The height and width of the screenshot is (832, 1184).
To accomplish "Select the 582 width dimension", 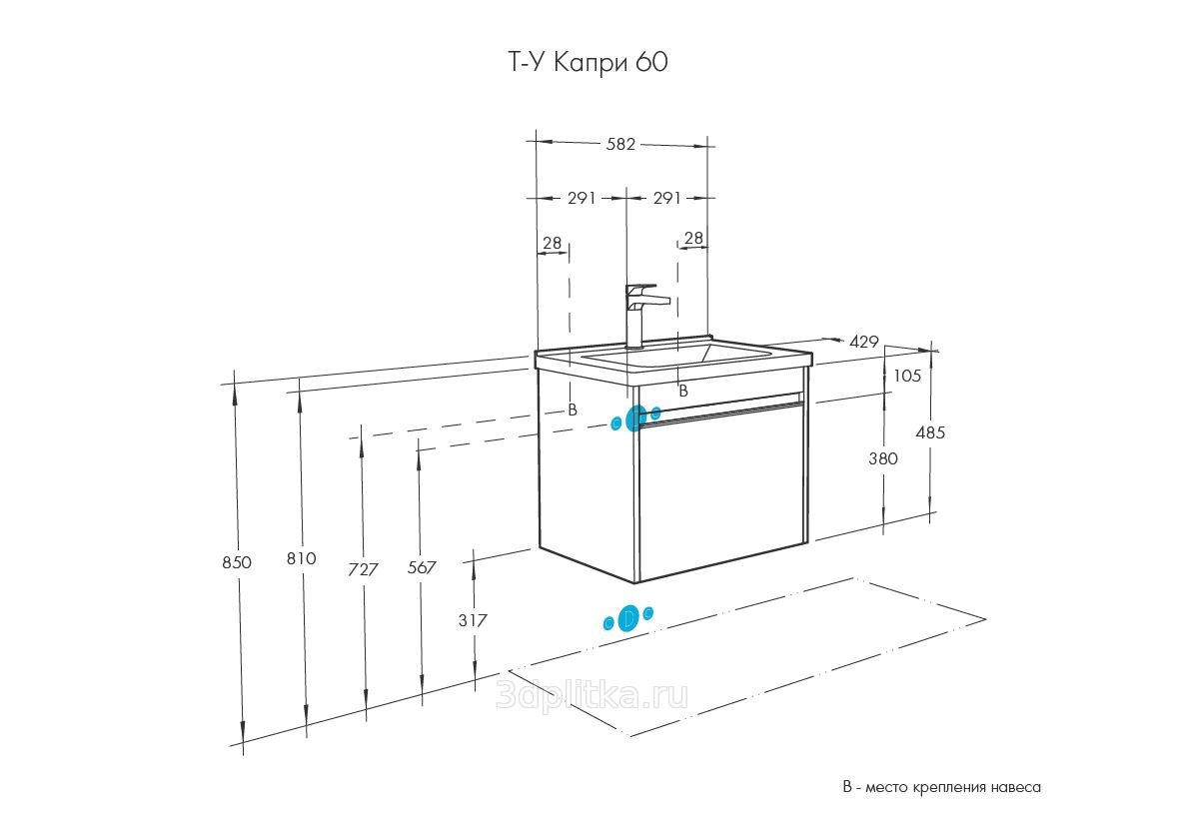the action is tap(620, 144).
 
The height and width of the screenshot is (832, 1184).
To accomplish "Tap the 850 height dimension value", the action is tap(237, 562).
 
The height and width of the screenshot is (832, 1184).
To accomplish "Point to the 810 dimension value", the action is tap(302, 558).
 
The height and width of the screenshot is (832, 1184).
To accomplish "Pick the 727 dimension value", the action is tap(363, 569).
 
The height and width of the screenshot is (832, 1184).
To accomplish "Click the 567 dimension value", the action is tap(422, 567).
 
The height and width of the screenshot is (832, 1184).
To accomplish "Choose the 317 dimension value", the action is tap(473, 620).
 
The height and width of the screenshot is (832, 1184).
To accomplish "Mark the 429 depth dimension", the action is tap(864, 342).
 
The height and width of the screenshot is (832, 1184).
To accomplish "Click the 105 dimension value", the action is tap(907, 376).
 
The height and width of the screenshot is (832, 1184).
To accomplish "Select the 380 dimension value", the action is tap(882, 458).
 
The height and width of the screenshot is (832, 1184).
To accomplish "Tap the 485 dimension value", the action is tap(929, 432).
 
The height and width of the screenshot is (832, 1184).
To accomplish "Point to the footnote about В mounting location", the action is tap(941, 787).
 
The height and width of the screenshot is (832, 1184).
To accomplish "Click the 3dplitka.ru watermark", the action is tap(592, 695).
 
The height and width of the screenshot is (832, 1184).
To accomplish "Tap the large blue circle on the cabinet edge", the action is tap(636, 417).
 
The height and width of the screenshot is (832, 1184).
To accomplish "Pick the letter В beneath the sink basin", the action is tap(683, 392).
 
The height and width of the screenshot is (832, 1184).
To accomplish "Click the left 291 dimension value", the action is tap(582, 198).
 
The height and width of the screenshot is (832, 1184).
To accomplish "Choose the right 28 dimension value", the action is tap(693, 238).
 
